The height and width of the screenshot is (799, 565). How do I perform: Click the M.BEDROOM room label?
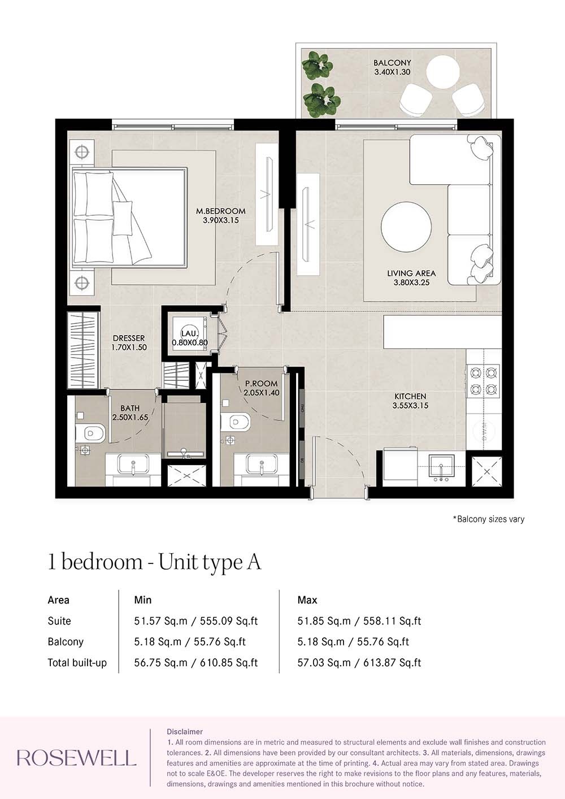pyautogui.click(x=220, y=211)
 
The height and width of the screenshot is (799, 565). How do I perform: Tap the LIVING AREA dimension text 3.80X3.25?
pyautogui.click(x=411, y=283)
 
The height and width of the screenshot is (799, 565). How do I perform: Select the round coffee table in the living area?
pyautogui.click(x=406, y=227)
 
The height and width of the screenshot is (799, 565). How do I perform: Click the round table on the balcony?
pyautogui.click(x=442, y=72)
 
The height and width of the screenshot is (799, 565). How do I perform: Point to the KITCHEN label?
pyautogui.click(x=410, y=396)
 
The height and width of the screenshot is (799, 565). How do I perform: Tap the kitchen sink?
pyautogui.click(x=441, y=467)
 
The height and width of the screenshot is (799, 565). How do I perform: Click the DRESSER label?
pyautogui.click(x=129, y=338)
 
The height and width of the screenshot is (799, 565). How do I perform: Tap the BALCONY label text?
pyautogui.click(x=392, y=63)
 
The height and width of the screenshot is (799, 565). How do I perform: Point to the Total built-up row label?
pyautogui.click(x=77, y=663)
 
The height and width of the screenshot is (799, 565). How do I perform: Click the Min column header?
pyautogui.click(x=142, y=600)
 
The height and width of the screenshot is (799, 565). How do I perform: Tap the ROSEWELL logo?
pyautogui.click(x=76, y=758)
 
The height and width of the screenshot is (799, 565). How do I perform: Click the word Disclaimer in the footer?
pyautogui.click(x=185, y=732)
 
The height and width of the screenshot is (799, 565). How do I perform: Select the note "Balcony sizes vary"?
pyautogui.click(x=489, y=519)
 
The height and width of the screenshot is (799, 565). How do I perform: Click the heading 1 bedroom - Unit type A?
pyautogui.click(x=154, y=562)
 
